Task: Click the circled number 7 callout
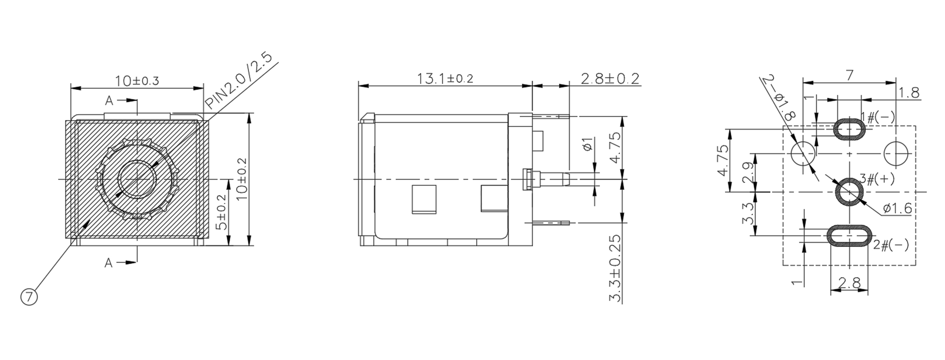pyautogui.click(x=29, y=297)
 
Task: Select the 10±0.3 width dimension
pyautogui.click(x=137, y=81)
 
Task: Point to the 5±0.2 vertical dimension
pyautogui.click(x=221, y=212)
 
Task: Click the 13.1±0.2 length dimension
pyautogui.click(x=445, y=79)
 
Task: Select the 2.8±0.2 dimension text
pyautogui.click(x=610, y=79)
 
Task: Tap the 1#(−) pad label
pyautogui.click(x=877, y=118)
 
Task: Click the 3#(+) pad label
pyautogui.click(x=877, y=179)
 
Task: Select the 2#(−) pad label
pyautogui.click(x=891, y=245)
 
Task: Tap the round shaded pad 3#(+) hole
pyautogui.click(x=849, y=192)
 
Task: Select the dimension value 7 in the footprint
pyautogui.click(x=849, y=75)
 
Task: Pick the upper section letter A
pyautogui.click(x=109, y=101)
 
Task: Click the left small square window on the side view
pyautogui.click(x=424, y=199)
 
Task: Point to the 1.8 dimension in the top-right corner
pyautogui.click(x=909, y=93)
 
